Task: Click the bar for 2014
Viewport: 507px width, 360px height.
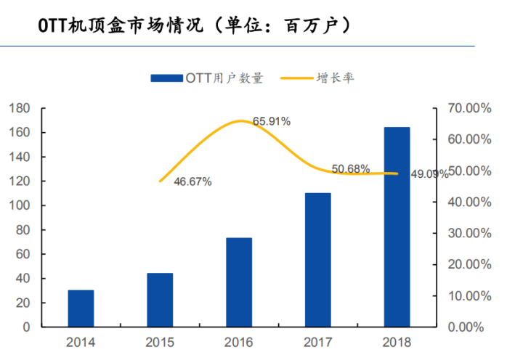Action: click(81, 308)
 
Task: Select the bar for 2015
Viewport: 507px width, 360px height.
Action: click(160, 300)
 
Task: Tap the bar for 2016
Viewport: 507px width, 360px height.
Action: click(239, 282)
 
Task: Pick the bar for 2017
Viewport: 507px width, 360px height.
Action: click(317, 260)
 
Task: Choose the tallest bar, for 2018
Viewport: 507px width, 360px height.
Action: click(397, 227)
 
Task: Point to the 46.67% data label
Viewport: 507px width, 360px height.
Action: click(192, 182)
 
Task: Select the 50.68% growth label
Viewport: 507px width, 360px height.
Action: click(351, 169)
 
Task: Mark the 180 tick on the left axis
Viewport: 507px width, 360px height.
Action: click(20, 108)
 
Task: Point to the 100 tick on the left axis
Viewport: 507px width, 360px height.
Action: click(20, 205)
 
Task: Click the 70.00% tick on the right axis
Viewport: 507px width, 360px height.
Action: click(466, 108)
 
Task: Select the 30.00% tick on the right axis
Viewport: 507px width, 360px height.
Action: click(466, 233)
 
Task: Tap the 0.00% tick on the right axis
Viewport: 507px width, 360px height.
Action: click(469, 327)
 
